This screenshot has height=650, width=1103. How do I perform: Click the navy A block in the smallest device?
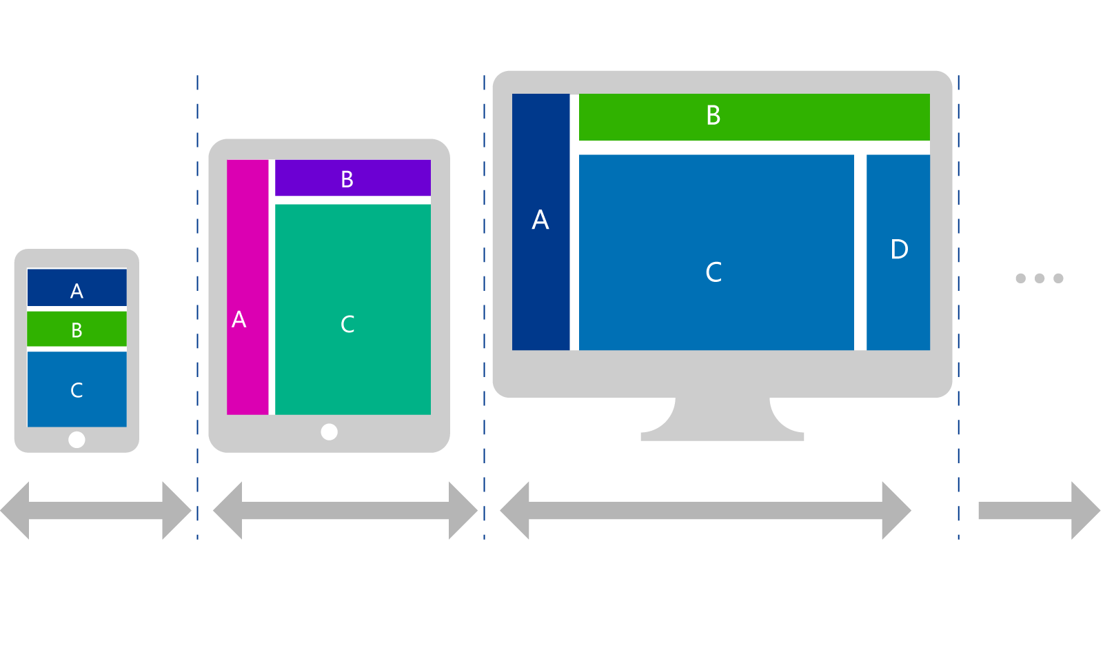(x=77, y=287)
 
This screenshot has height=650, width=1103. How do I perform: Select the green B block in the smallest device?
(x=77, y=329)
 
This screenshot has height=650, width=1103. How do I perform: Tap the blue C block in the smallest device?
(x=77, y=389)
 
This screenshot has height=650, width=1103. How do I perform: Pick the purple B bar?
(x=352, y=178)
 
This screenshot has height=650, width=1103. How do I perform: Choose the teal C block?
(x=352, y=309)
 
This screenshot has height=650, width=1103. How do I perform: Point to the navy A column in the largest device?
(x=540, y=222)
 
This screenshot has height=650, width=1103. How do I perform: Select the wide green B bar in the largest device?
(x=753, y=116)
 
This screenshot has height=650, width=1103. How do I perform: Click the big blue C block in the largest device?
(x=716, y=252)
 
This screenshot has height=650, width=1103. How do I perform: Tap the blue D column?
(x=898, y=252)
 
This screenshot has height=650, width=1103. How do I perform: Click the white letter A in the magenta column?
(x=239, y=319)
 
